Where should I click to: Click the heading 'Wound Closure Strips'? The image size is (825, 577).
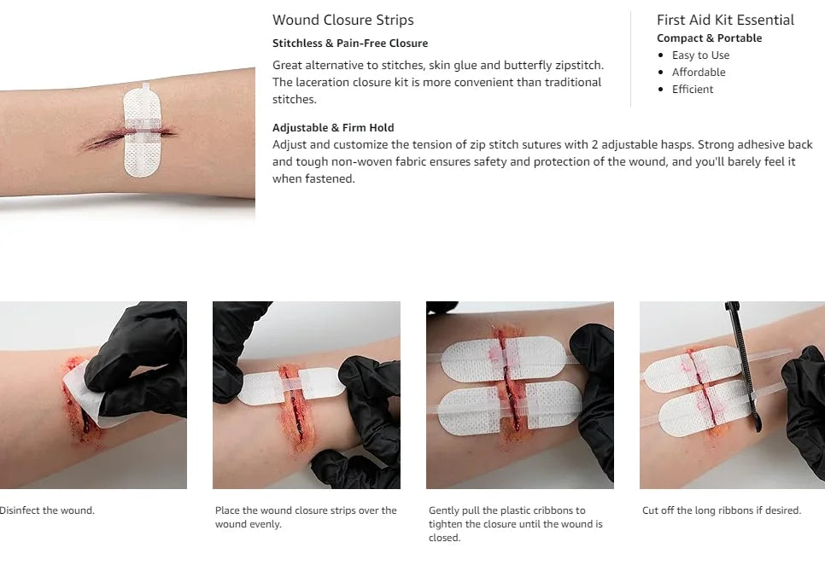coord(343,20)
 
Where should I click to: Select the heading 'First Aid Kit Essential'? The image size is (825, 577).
coord(725,20)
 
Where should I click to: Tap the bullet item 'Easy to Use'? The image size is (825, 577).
coord(700,55)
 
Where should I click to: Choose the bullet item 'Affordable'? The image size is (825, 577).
coord(699,72)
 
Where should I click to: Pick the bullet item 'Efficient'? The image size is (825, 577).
coord(693,90)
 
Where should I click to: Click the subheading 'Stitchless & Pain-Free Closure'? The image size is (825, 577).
coord(350,44)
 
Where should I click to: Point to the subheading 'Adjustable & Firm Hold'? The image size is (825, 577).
coord(333,127)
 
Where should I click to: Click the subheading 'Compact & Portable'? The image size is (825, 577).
coord(709,38)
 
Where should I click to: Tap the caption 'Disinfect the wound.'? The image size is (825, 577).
coord(46,510)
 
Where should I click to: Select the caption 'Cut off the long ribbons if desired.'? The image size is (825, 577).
coord(722,510)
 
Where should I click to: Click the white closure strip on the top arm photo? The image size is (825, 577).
coord(142,130)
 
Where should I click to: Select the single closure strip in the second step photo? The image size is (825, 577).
coord(291,387)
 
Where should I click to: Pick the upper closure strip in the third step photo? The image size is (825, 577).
coord(504,359)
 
